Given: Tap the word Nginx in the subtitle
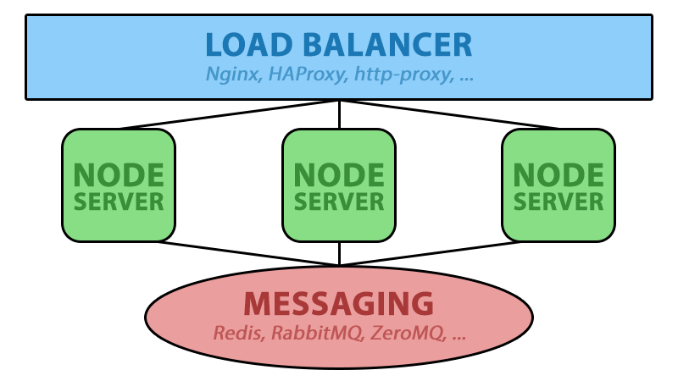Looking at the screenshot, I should [x=233, y=75].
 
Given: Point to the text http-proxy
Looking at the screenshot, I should [x=403, y=75].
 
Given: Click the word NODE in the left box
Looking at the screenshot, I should [x=119, y=175].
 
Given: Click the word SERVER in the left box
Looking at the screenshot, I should [x=119, y=202].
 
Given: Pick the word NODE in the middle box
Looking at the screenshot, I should [x=339, y=175].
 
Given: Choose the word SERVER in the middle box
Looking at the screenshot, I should [x=339, y=202].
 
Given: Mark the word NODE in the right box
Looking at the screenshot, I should [x=559, y=175].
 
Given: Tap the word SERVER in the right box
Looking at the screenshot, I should [x=559, y=202].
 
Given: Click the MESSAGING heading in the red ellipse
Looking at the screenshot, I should [x=339, y=303].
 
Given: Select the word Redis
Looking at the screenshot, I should [x=237, y=333].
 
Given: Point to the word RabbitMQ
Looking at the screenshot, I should [x=315, y=333].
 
